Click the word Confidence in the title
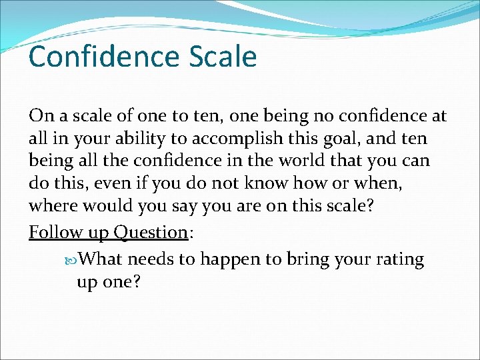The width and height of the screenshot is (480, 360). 94,57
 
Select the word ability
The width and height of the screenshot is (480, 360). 135,139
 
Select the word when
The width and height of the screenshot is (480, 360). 360,185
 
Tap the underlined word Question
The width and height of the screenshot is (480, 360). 150,232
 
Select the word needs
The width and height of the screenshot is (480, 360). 152,259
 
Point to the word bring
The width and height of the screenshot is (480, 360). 308,259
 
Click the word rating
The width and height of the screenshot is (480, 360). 398,259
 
